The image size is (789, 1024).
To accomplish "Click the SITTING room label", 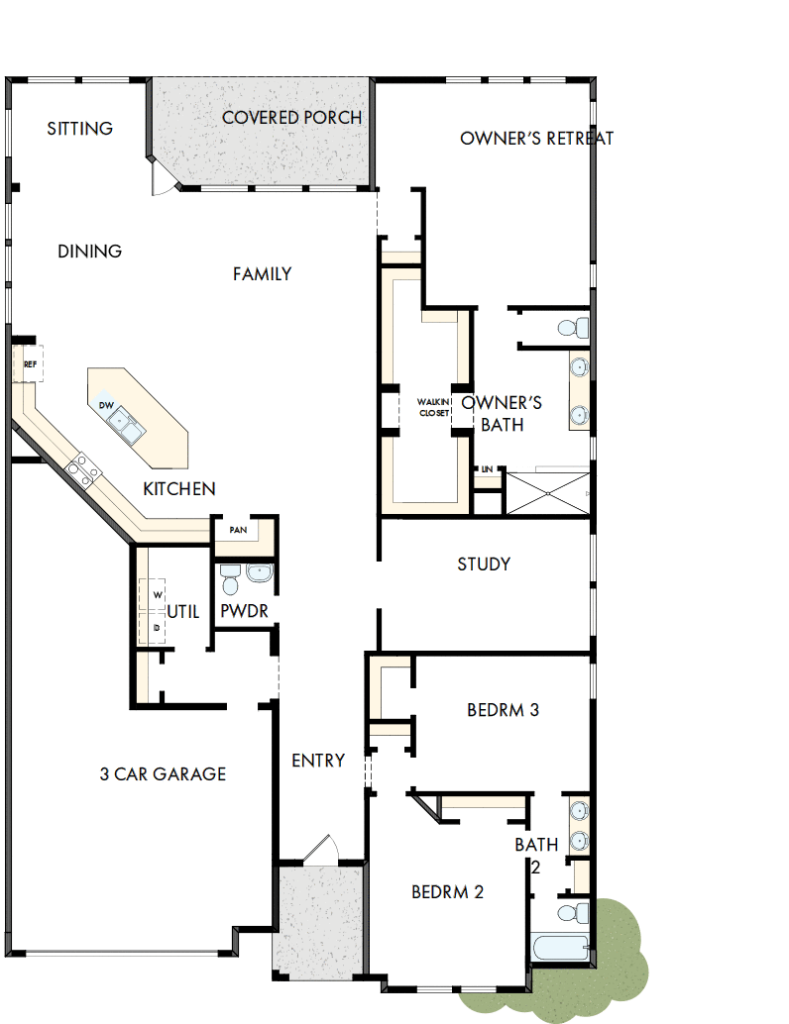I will coord(79,129).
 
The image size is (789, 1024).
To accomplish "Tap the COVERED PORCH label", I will coord(291,118).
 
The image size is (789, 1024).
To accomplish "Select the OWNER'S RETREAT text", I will coord(536,139).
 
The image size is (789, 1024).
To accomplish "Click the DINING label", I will coord(89,252).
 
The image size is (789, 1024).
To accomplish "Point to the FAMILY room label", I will coord(262,274).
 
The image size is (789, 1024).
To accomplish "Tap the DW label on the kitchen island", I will coord(105,406).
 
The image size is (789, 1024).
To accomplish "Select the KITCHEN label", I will coord(178,489).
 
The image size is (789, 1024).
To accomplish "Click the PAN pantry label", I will coord(238,530).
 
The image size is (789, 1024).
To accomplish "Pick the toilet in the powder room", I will coord(229,574).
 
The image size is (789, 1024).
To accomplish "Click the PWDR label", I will coord(244,612).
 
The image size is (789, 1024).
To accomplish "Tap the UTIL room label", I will coord(182,612).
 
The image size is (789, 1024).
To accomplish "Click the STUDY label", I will coord(484,564).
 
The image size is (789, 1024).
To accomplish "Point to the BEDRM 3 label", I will coord(503,710).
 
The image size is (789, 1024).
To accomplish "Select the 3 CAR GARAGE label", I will coord(163,774).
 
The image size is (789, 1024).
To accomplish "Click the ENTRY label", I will coord(318,761).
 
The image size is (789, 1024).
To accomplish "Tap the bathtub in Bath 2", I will coord(561,947).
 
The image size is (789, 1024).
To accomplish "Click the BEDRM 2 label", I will coord(447,892).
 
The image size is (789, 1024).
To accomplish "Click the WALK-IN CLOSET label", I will coord(433,407).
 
